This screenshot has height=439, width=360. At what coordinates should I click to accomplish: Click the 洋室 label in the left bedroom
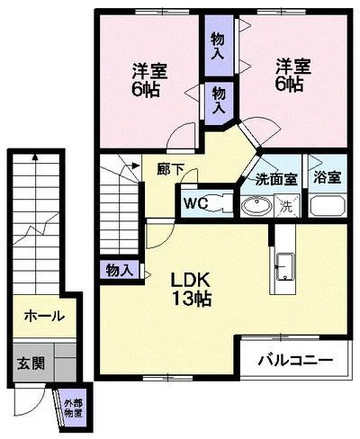144,67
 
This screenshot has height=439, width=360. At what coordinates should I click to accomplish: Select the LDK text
192,278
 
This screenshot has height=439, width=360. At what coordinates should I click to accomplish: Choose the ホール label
43,316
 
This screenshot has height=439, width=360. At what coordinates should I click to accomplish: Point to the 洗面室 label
275,179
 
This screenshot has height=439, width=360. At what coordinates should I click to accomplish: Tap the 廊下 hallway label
167,167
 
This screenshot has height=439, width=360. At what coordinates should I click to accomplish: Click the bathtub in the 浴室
328,204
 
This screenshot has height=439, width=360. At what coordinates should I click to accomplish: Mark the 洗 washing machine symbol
285,205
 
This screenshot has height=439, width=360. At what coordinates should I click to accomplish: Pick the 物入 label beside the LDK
119,269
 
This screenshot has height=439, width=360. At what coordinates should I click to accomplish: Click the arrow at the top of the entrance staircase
37,157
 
